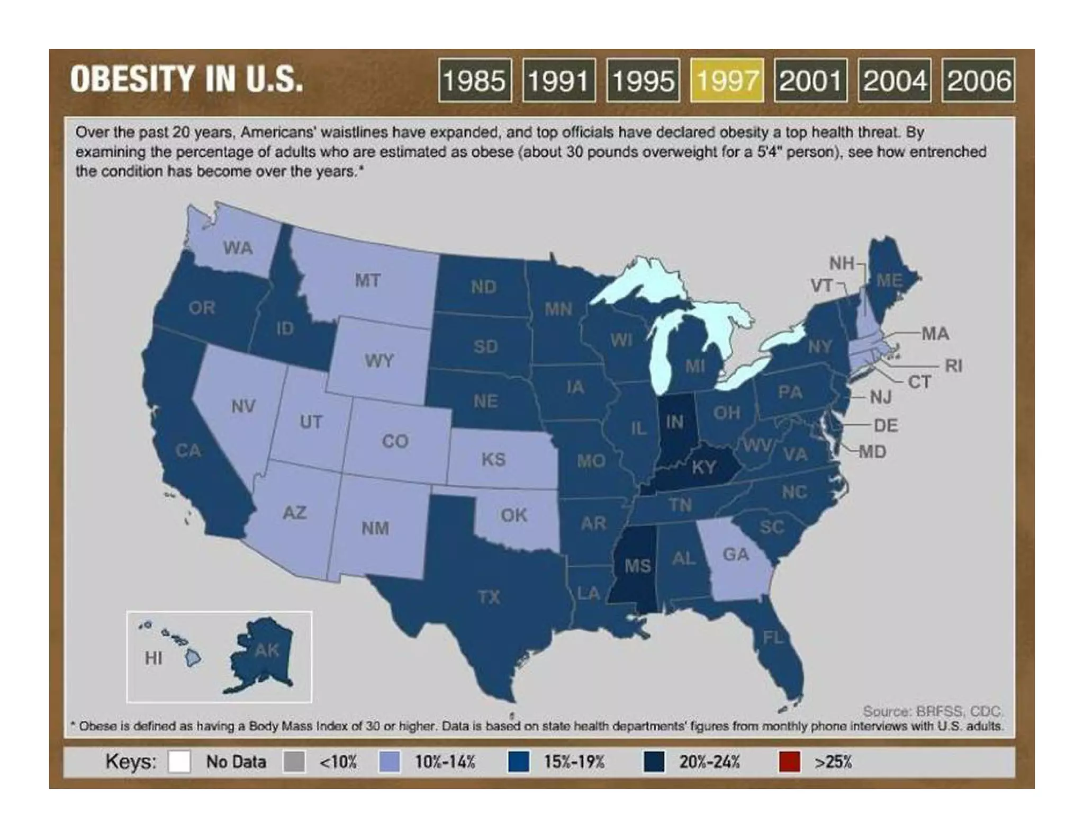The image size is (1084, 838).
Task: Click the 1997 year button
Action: click(x=726, y=81)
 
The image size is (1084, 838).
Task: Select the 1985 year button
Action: click(x=475, y=81)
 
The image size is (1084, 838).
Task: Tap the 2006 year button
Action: click(x=978, y=81)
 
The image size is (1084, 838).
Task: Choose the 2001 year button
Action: click(x=810, y=81)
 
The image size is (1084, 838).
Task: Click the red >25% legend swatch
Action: click(x=789, y=762)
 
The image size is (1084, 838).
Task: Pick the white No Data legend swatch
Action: click(x=179, y=762)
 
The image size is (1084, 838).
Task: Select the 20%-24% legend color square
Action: click(x=654, y=762)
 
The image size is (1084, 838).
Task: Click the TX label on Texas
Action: click(x=489, y=597)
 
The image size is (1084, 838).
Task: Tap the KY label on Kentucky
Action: click(x=704, y=467)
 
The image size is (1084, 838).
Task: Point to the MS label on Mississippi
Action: click(x=637, y=566)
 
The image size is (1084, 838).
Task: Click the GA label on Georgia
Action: click(x=736, y=554)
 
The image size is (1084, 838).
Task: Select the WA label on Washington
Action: click(x=238, y=247)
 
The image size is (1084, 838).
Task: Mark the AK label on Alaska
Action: click(x=267, y=650)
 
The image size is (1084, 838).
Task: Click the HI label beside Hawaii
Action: click(x=153, y=658)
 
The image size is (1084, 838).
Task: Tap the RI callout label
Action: click(x=953, y=365)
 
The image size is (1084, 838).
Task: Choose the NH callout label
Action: click(x=841, y=263)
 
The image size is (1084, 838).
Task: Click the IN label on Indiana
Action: click(x=674, y=422)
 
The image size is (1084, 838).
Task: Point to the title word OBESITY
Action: click(x=132, y=79)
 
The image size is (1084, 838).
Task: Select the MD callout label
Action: click(x=872, y=452)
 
